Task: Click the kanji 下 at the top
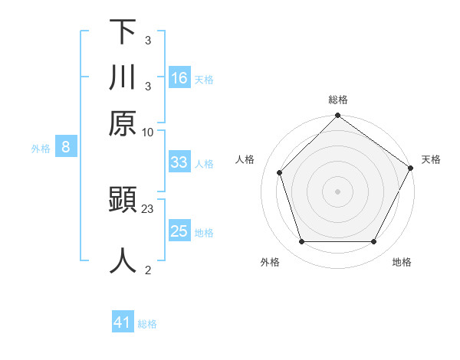(123, 32)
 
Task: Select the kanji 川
(123, 77)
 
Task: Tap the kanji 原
(123, 123)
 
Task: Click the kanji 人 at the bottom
(123, 260)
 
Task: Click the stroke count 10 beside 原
(148, 132)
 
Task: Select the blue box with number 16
(179, 78)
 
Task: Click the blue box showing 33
(179, 162)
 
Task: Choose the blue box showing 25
(179, 231)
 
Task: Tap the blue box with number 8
(66, 148)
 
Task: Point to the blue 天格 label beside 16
(204, 80)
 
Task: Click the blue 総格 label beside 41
(147, 324)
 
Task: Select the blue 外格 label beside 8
(41, 149)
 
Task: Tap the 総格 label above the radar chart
(337, 100)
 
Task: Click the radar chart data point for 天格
(410, 169)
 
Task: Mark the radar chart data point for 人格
(280, 172)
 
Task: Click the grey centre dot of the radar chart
(337, 191)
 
